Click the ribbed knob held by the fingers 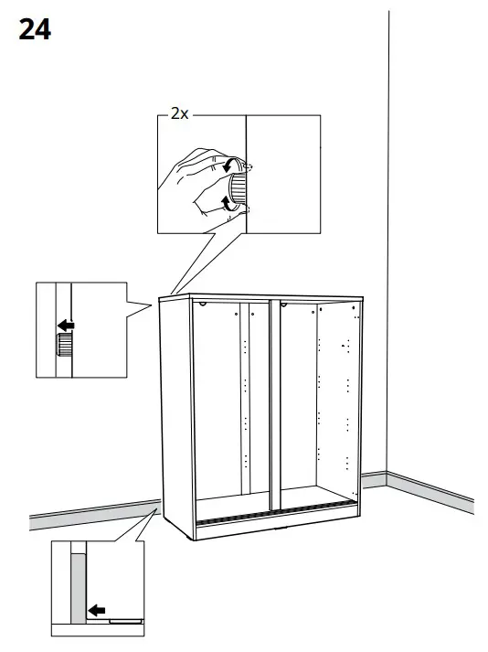[x=239, y=188]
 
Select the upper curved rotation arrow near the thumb [x=228, y=166]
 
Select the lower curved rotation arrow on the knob [x=227, y=200]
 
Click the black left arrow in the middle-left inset [x=65, y=324]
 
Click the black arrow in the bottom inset [x=96, y=610]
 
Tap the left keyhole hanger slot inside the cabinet [x=202, y=305]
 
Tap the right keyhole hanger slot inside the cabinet [x=284, y=304]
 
